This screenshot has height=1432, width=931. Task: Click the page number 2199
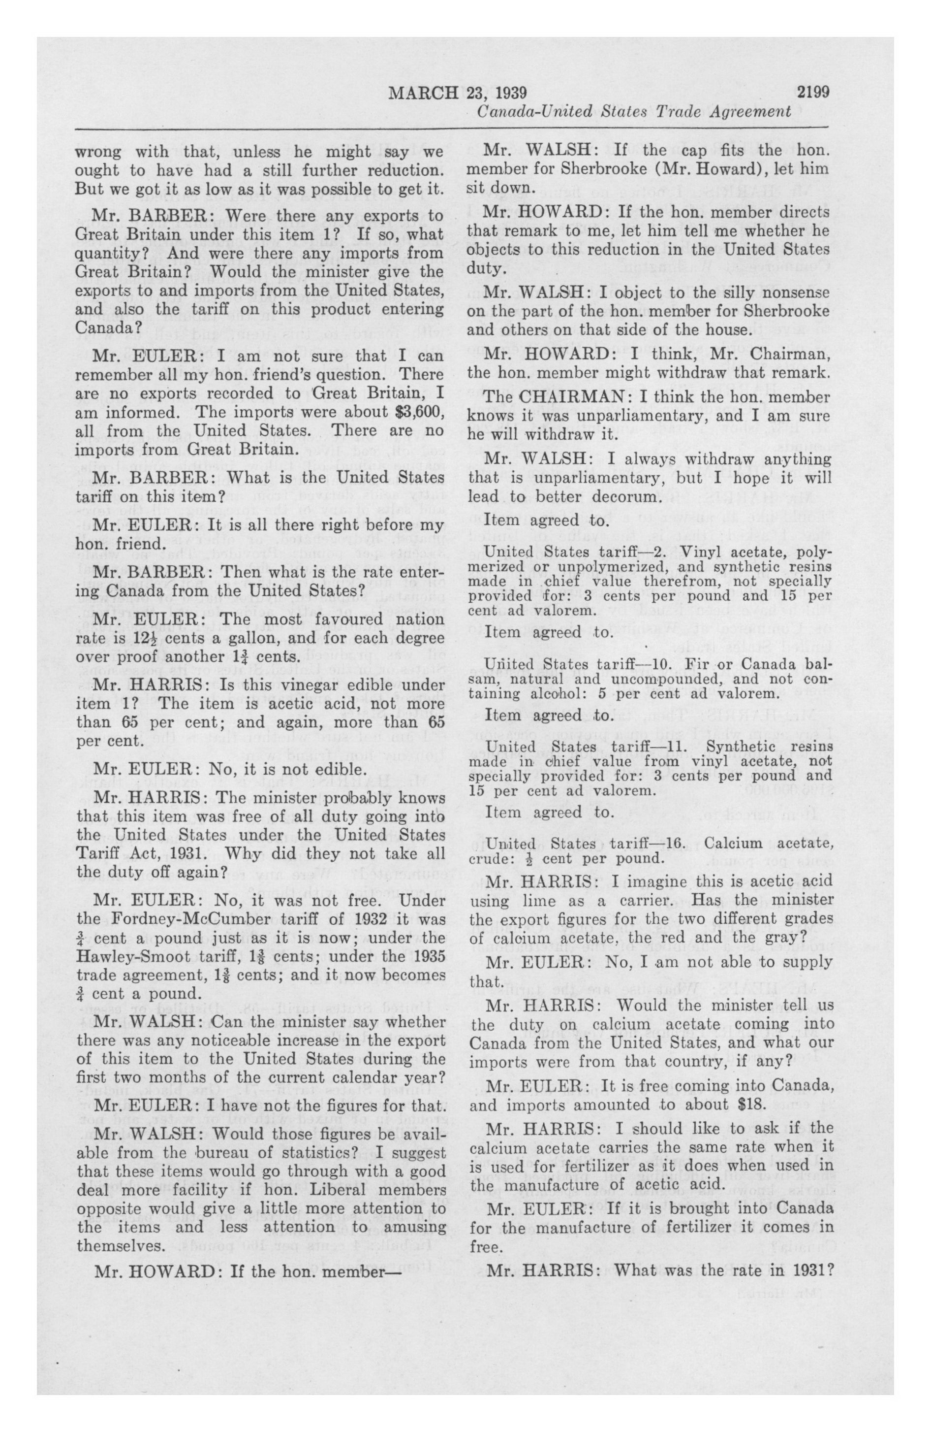(812, 93)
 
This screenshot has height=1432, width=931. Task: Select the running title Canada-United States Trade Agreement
(634, 111)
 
